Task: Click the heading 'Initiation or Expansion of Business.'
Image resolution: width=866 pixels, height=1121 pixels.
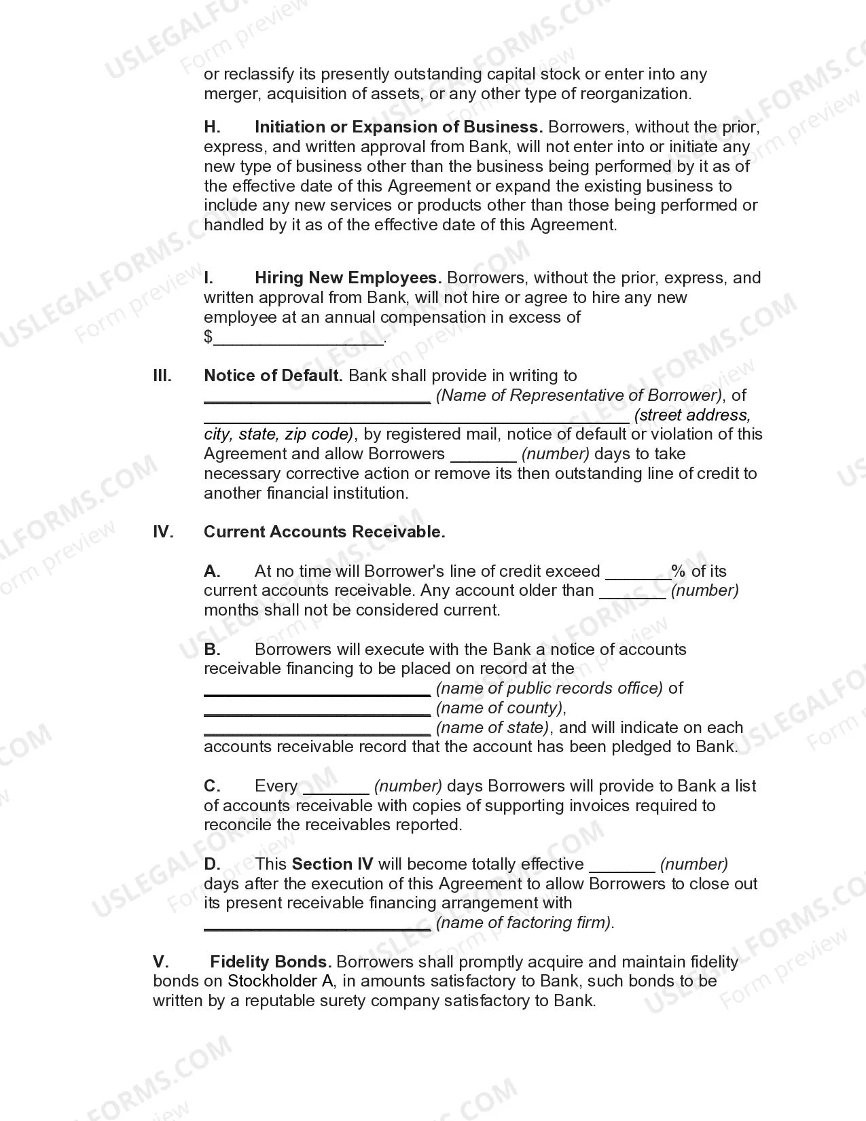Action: coord(398,127)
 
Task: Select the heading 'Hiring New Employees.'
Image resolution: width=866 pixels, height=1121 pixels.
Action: coord(348,278)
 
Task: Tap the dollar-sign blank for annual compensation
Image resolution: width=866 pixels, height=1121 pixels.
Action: coord(299,338)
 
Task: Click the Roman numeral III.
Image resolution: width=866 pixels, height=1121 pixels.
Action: coord(162,376)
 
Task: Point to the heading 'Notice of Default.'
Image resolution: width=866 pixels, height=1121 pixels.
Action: coord(273,376)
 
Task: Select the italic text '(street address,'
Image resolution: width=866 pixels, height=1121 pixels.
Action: coord(692,415)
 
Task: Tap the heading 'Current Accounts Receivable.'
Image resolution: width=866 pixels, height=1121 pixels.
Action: coord(324,532)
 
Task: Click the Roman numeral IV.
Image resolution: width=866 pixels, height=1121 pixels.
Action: coord(163,532)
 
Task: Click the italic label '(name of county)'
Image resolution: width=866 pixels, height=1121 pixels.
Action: coord(500,708)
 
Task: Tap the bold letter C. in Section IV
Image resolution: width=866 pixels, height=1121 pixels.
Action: coord(212,786)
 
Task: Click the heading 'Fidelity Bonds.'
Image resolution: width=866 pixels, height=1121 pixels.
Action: coord(270,962)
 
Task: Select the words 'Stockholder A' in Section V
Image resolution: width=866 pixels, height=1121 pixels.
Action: coord(272,981)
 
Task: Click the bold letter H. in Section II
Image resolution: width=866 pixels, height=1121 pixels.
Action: coord(212,127)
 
